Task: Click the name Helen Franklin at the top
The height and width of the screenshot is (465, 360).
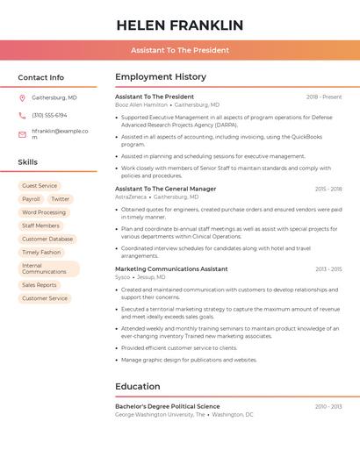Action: (x=180, y=25)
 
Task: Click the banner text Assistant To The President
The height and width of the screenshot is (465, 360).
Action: (x=180, y=51)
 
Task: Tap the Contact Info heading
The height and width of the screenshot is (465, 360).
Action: (x=41, y=77)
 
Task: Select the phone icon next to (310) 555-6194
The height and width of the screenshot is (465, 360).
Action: (x=22, y=116)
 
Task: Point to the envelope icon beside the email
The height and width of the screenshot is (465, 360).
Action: (x=22, y=134)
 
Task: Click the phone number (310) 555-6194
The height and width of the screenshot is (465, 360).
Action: (x=49, y=116)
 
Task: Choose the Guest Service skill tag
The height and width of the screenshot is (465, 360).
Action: (x=40, y=186)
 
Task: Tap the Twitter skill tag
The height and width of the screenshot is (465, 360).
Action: (x=60, y=199)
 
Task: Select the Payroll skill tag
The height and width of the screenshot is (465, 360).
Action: (x=31, y=199)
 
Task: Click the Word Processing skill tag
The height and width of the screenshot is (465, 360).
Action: (x=44, y=212)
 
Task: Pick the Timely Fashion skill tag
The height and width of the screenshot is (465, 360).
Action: (x=41, y=252)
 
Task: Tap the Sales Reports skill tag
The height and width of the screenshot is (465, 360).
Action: (x=40, y=285)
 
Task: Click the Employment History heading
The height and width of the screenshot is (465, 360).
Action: (x=161, y=77)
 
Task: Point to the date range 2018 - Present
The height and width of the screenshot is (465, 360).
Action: (x=324, y=97)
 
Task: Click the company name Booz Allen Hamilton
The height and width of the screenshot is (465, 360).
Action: (x=141, y=104)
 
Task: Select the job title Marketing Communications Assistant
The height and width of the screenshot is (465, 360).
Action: (x=171, y=268)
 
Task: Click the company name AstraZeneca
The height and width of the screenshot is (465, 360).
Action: (x=133, y=197)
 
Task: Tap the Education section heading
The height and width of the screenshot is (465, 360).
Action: (x=137, y=386)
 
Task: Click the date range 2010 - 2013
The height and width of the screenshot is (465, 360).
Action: (x=328, y=406)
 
